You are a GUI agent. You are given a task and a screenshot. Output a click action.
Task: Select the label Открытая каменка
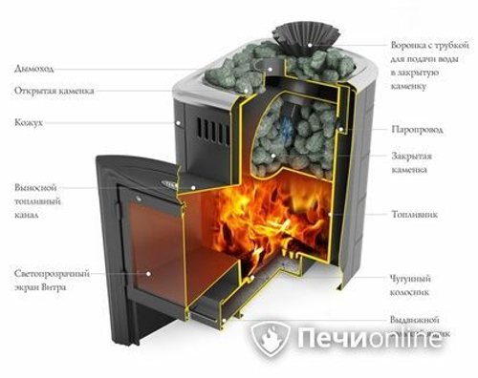click(x=50, y=92)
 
